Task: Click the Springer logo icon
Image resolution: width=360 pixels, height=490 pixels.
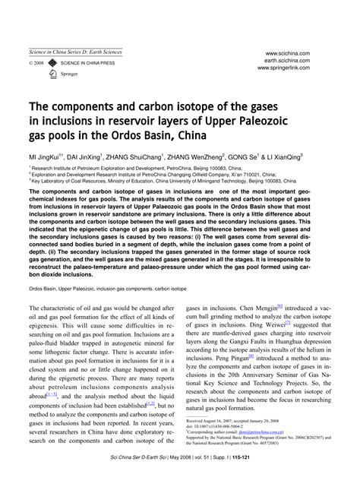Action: (52, 75)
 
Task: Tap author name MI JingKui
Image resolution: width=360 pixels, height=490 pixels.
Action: (46, 156)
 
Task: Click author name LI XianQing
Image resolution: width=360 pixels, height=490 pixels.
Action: (277, 156)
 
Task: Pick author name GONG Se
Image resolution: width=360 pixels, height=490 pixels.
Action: (236, 156)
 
